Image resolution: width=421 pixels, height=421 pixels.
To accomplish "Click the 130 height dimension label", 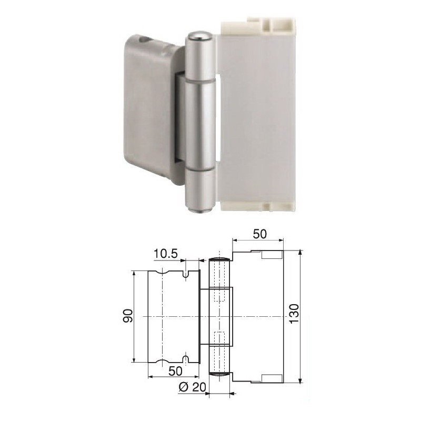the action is (x=295, y=314).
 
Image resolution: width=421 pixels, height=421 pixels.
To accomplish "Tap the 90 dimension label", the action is (x=128, y=316).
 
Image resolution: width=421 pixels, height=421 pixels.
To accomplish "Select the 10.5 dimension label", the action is (x=166, y=254).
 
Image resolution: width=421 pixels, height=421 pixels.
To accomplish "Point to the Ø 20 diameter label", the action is (x=192, y=387).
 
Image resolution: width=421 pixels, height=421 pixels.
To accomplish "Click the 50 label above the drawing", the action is (x=260, y=234).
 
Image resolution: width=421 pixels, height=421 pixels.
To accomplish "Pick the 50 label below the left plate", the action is (x=176, y=371).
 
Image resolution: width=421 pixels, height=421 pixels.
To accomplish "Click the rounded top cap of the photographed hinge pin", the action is (x=199, y=35).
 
